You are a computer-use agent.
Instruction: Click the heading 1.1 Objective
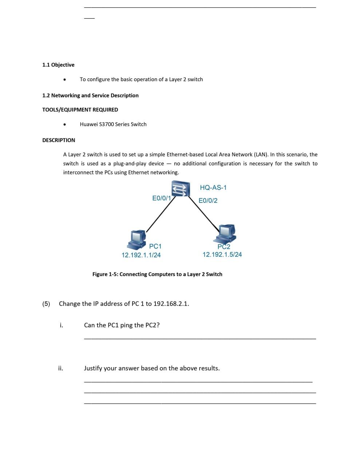(58, 65)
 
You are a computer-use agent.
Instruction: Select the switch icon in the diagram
(181, 189)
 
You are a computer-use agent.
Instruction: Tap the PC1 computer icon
(138, 238)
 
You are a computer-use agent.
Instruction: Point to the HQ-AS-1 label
(213, 187)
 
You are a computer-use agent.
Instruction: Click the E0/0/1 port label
(161, 198)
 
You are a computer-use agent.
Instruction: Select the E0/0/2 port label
(208, 201)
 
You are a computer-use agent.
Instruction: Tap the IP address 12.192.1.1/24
(141, 255)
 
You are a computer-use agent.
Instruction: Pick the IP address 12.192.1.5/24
(222, 254)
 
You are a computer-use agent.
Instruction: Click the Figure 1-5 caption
(157, 274)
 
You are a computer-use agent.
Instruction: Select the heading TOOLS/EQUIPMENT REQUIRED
(80, 110)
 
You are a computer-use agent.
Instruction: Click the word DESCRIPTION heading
(59, 140)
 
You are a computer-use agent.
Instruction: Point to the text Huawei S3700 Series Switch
(113, 124)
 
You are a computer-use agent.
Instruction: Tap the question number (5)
(46, 304)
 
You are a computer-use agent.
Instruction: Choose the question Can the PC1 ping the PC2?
(122, 325)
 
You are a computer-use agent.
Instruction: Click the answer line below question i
(200, 339)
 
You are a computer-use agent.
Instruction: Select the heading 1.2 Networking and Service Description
(90, 95)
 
